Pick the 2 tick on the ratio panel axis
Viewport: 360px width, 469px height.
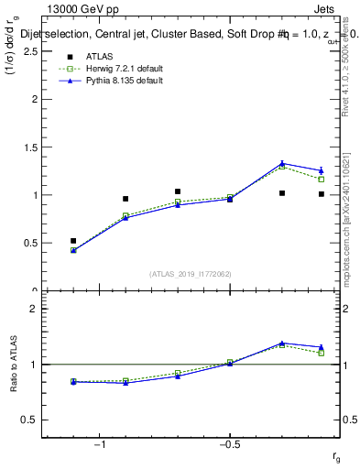point(35,309)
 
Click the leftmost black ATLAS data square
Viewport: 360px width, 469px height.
point(73,240)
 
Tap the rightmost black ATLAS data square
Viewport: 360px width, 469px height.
point(322,194)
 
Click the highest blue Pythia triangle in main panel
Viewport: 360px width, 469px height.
point(282,164)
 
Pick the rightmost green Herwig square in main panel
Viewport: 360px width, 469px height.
point(322,179)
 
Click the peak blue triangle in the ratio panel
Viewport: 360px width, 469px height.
point(282,344)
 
